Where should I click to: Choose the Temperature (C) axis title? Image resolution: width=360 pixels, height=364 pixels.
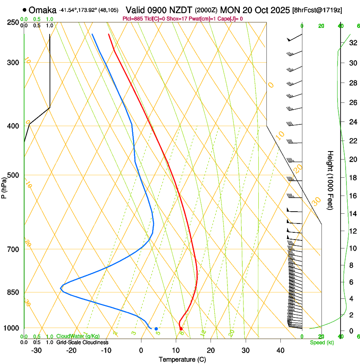182,359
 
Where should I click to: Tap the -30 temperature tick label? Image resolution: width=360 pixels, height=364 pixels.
36,350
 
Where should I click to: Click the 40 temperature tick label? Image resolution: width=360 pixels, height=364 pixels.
280,350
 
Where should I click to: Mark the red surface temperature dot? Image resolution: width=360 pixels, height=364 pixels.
181,328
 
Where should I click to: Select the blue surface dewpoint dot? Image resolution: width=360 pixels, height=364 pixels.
156,328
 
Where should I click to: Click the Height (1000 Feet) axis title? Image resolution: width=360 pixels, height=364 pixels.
330,180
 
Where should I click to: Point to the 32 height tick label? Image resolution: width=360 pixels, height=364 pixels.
352,43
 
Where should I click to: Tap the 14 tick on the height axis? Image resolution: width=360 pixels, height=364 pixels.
352,213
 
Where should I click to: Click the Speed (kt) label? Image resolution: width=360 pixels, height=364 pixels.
322,342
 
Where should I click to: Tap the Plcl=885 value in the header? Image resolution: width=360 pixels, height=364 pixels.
132,19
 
